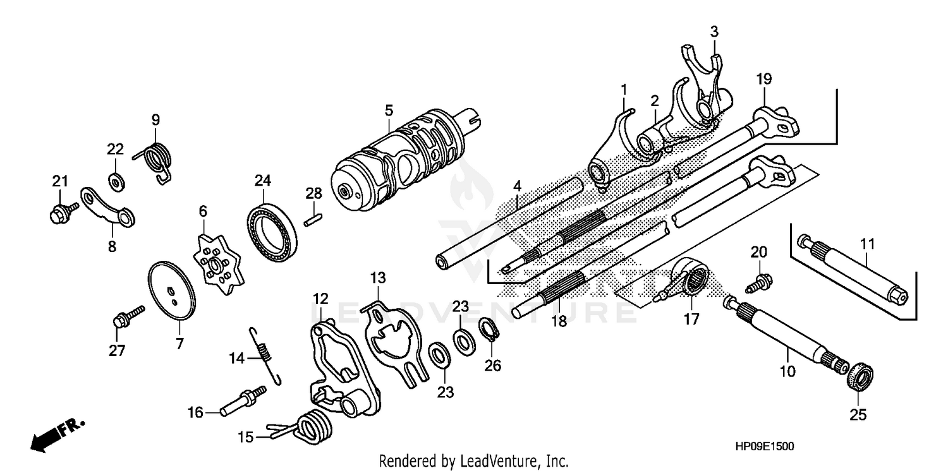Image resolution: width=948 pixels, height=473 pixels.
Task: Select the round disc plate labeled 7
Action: click(x=171, y=290)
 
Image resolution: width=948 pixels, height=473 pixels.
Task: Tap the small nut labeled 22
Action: click(x=116, y=183)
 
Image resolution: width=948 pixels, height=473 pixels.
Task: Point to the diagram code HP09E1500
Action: click(x=764, y=446)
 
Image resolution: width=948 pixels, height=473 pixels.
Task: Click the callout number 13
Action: click(x=377, y=278)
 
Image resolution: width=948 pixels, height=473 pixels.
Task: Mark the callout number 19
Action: click(x=764, y=80)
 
